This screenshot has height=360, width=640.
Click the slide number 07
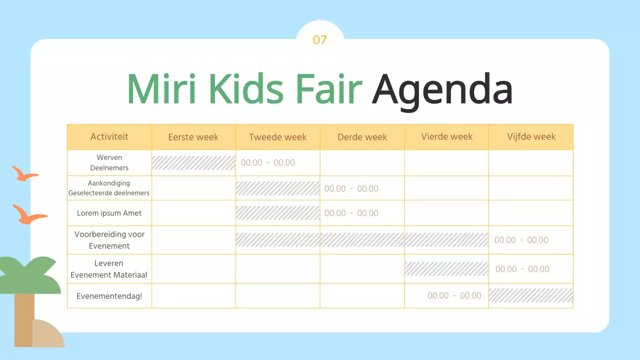(319, 40)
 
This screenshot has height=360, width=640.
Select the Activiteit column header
(109, 136)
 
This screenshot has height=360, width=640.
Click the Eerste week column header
(193, 137)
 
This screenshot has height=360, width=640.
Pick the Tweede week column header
(277, 137)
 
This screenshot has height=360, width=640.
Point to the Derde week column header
(362, 137)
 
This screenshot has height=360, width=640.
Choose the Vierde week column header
(446, 137)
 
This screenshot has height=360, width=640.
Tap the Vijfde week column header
(531, 137)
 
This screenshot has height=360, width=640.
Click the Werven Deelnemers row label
(109, 162)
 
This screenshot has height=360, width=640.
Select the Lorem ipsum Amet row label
(109, 213)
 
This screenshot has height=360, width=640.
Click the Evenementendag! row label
(109, 296)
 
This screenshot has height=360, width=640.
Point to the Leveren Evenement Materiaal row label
(109, 269)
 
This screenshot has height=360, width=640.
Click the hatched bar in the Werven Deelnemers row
(193, 163)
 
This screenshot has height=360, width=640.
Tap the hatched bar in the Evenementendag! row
(531, 295)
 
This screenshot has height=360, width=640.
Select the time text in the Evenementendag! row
(454, 296)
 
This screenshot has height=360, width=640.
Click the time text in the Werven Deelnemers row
(268, 163)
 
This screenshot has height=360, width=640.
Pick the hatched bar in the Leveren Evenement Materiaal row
(446, 269)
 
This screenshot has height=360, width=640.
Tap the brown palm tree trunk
(23, 320)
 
